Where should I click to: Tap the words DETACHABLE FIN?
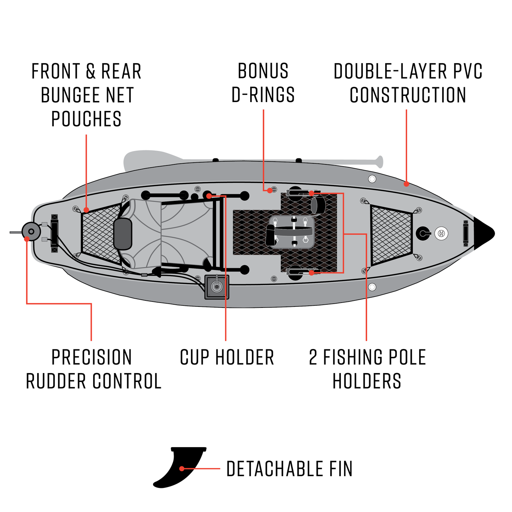coord(289,469)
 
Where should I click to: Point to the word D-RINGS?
coord(263,95)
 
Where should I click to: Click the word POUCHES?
coord(86,119)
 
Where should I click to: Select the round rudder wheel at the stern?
coord(31,231)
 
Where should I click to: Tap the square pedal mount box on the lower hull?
coord(216,287)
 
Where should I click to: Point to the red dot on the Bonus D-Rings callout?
coord(270,190)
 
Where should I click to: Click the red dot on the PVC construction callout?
coord(406,184)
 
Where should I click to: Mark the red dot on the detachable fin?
coord(182,468)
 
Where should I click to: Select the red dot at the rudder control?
coord(27,239)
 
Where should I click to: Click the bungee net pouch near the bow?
coord(391,234)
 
